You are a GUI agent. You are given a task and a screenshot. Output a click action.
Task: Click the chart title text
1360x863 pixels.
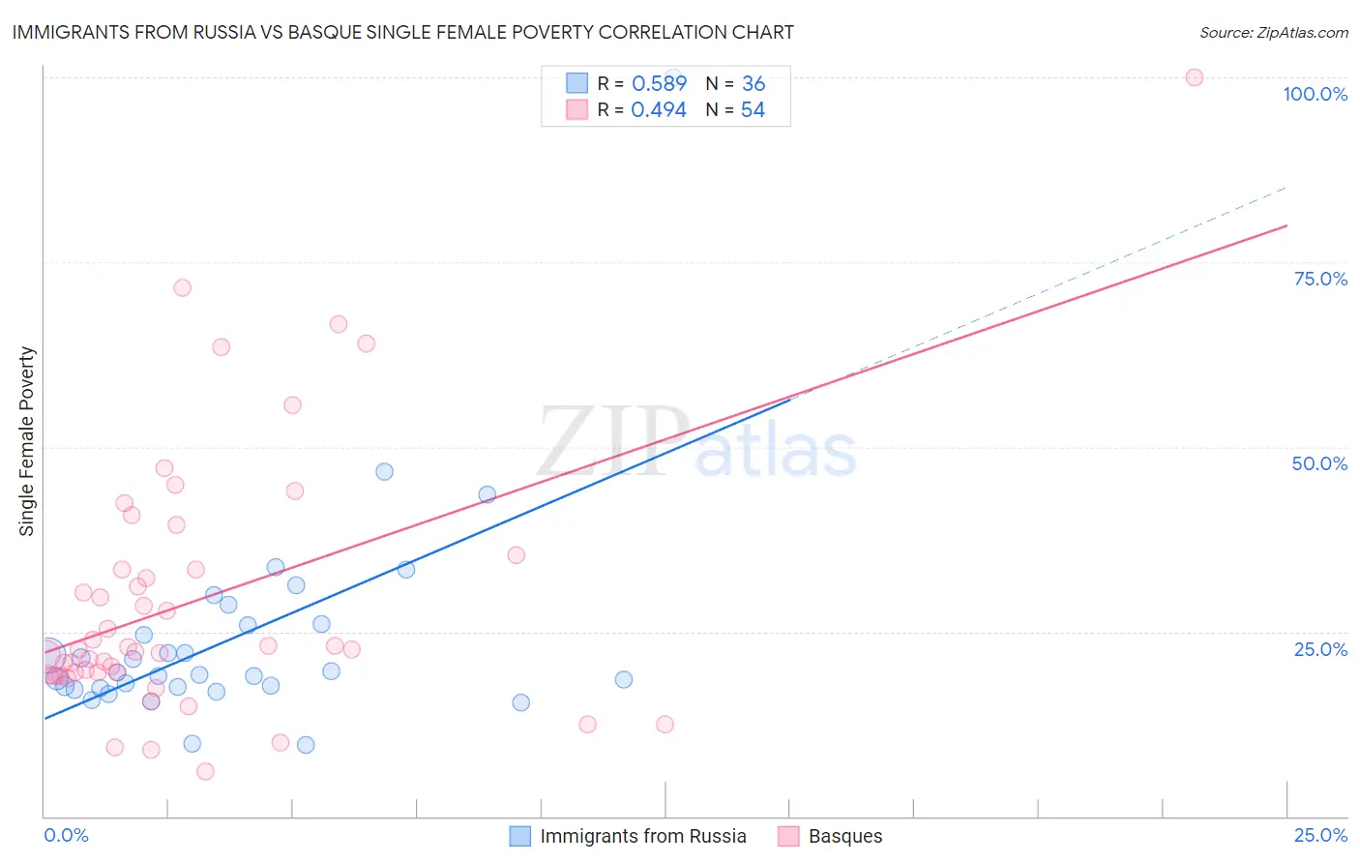click(x=402, y=32)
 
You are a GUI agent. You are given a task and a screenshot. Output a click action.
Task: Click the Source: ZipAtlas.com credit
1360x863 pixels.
click(x=1273, y=32)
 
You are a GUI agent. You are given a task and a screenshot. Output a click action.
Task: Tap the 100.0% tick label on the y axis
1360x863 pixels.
click(x=1315, y=94)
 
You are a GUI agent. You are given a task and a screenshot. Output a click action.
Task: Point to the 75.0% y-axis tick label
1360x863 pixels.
click(x=1320, y=279)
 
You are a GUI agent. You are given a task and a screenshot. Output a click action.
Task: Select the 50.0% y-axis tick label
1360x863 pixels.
click(x=1319, y=463)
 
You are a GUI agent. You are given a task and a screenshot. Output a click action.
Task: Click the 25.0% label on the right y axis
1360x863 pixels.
click(x=1320, y=648)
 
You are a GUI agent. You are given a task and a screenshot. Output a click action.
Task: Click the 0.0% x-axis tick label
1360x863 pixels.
click(x=66, y=835)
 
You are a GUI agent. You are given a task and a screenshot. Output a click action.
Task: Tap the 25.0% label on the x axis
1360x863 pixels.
click(x=1320, y=835)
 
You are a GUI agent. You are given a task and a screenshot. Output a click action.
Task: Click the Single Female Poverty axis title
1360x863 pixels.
click(x=27, y=441)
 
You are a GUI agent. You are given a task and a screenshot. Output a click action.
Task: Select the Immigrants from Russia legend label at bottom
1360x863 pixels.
click(x=643, y=836)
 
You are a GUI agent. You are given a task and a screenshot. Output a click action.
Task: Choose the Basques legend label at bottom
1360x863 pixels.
click(x=845, y=836)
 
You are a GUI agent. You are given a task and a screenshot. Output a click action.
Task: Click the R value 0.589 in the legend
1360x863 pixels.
click(x=659, y=84)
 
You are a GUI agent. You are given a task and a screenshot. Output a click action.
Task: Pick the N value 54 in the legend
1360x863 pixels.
click(x=753, y=110)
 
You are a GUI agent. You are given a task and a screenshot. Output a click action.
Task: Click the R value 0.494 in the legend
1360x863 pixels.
click(x=659, y=110)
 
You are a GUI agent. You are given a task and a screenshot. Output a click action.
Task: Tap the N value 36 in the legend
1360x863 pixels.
click(x=753, y=84)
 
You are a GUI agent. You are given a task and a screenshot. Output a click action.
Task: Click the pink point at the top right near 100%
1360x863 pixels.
click(x=1195, y=77)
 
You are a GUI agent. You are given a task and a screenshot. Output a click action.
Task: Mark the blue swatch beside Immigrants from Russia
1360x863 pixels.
click(x=520, y=836)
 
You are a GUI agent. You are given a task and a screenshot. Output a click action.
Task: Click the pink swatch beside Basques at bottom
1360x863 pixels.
click(x=788, y=836)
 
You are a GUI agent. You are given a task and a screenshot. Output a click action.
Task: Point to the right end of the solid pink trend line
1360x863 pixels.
click(x=1286, y=225)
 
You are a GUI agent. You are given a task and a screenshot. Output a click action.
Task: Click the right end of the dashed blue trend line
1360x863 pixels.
click(x=1286, y=187)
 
